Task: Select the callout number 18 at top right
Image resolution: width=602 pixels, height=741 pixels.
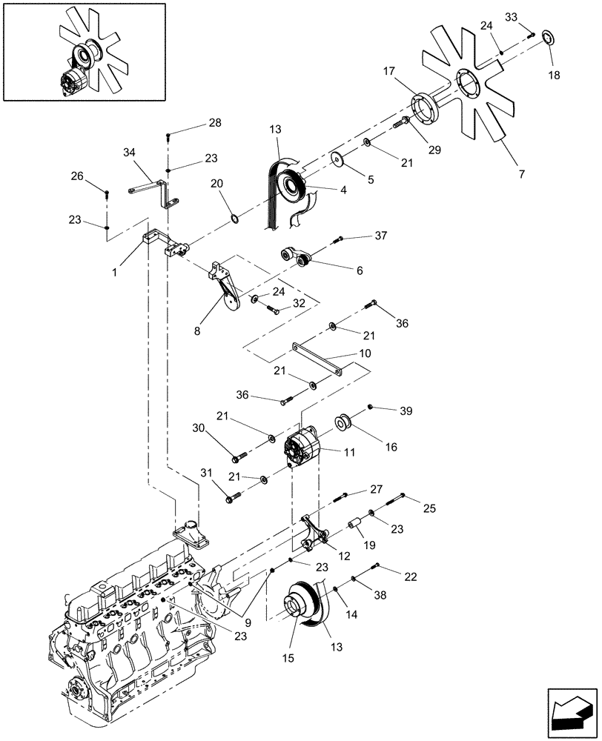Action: [x=554, y=75]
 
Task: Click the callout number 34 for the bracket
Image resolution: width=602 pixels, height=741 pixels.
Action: [x=130, y=152]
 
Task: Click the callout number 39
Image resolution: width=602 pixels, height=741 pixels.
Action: [x=406, y=411]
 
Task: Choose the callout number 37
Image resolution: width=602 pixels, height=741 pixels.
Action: [x=381, y=236]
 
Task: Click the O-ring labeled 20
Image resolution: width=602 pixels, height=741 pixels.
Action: [x=234, y=219]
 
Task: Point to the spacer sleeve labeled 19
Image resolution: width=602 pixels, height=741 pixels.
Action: [x=354, y=530]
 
